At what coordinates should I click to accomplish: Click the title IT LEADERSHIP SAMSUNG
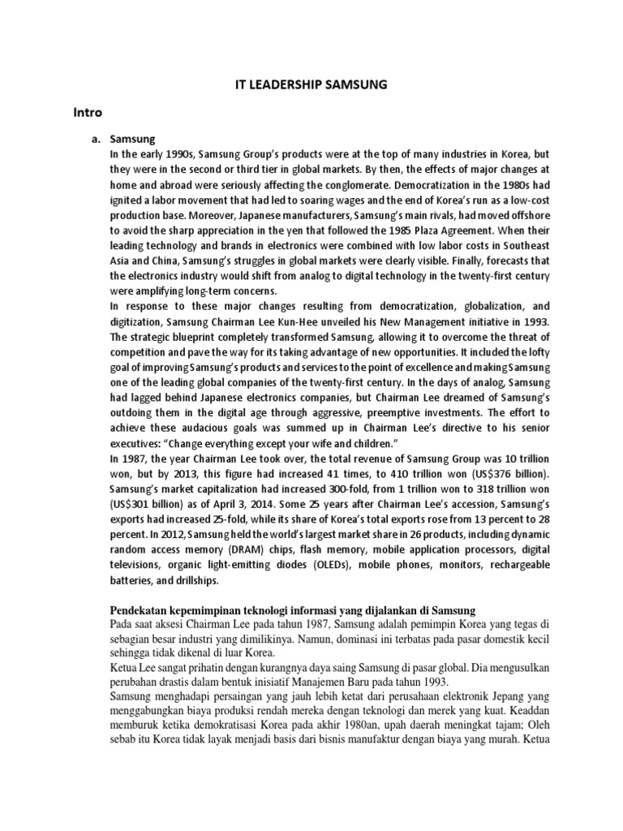tap(311, 83)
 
